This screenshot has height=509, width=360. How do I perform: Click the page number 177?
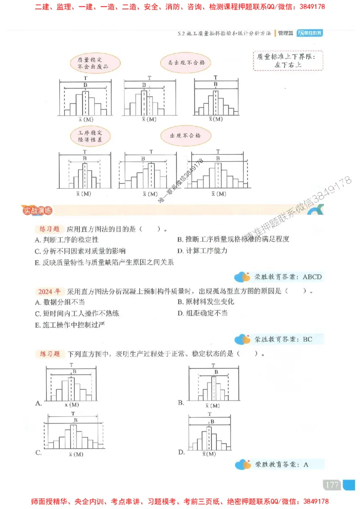332,485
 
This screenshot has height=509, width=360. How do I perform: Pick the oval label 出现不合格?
185,136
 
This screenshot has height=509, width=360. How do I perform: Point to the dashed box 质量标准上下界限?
283,60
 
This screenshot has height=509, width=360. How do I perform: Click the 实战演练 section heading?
38,210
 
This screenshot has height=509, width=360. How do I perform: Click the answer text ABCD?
312,277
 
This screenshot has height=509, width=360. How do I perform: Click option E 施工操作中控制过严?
71,324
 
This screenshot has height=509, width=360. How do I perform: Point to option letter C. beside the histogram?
39,452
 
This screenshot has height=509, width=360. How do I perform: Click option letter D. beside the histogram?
181,452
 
